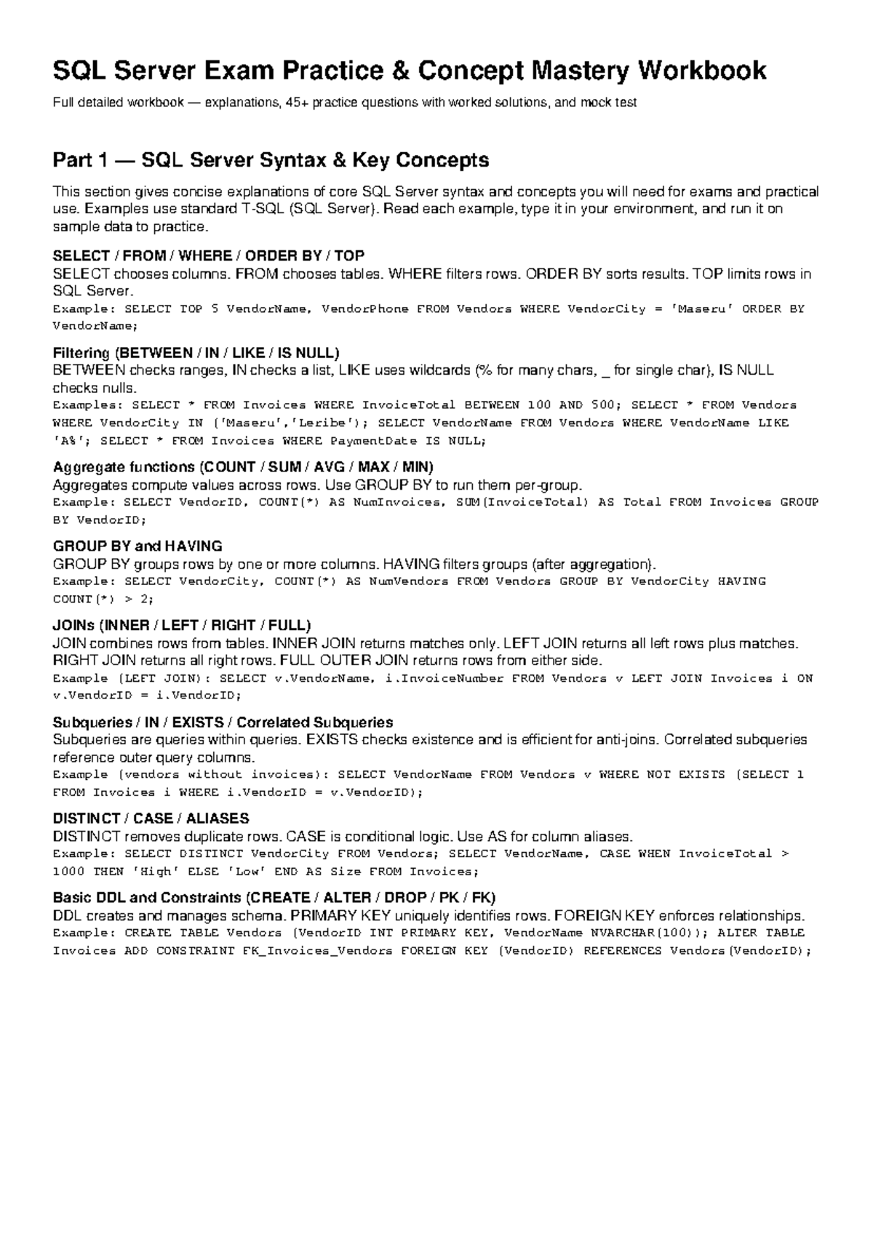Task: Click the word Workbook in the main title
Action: [x=702, y=71]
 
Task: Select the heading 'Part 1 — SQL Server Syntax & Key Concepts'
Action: [x=271, y=160]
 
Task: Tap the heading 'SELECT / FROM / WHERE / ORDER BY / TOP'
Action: [x=209, y=255]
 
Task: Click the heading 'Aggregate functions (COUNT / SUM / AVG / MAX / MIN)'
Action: [x=244, y=467]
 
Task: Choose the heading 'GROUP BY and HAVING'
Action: [x=137, y=546]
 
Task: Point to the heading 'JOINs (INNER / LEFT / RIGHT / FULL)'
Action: [x=182, y=626]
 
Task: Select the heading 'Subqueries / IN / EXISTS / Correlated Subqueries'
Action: [x=223, y=723]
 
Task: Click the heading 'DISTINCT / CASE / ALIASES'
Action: [x=151, y=819]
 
